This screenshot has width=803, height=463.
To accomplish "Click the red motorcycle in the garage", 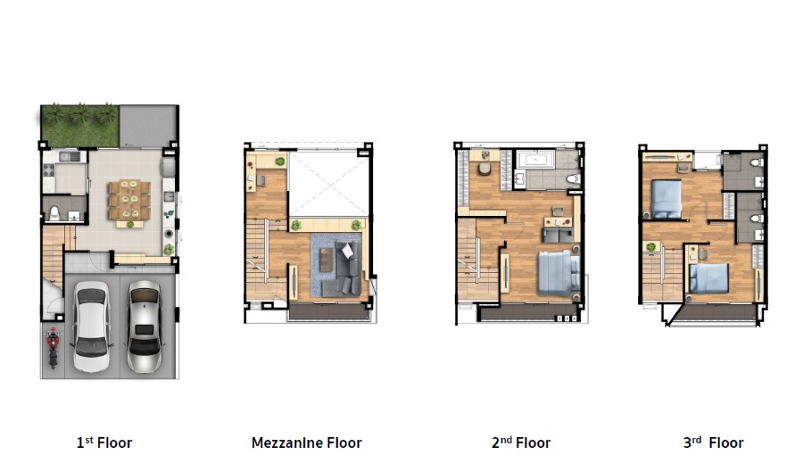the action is click(54, 348).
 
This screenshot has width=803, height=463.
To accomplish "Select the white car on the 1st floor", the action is click(91, 327).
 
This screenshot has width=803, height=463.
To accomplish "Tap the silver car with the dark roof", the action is click(145, 327).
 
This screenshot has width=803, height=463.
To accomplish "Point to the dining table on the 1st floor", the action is click(129, 200).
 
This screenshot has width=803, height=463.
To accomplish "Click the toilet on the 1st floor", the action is click(54, 213).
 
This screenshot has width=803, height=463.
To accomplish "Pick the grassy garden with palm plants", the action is click(80, 126).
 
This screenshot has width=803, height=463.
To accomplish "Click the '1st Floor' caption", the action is click(104, 442).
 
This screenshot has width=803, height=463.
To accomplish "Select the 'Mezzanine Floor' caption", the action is click(306, 442).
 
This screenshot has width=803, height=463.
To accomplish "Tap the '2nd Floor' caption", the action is click(521, 442).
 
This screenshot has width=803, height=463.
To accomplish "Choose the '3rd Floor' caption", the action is click(713, 442).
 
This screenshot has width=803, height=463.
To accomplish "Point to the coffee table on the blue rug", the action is click(326, 259).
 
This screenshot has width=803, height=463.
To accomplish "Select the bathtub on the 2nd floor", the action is click(535, 160).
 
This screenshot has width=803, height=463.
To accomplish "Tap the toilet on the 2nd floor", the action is click(574, 178).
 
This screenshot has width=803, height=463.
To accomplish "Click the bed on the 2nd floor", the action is click(559, 274).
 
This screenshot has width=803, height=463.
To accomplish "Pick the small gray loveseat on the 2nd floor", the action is click(558, 236).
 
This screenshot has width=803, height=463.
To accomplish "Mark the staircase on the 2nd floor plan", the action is click(477, 260).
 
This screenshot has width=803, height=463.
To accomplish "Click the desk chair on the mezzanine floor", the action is click(261, 180).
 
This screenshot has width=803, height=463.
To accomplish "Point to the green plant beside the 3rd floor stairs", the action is click(651, 247).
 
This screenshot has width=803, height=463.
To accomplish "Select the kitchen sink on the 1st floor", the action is click(69, 156).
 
